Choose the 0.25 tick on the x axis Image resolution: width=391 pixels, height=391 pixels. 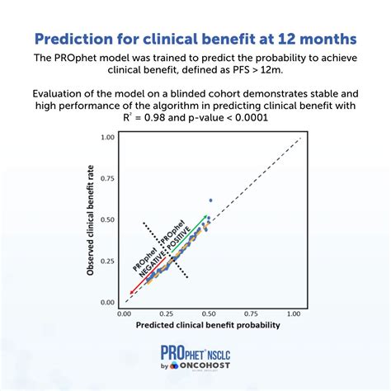point(167,313)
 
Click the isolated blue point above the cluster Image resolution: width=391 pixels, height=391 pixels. point(210,200)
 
